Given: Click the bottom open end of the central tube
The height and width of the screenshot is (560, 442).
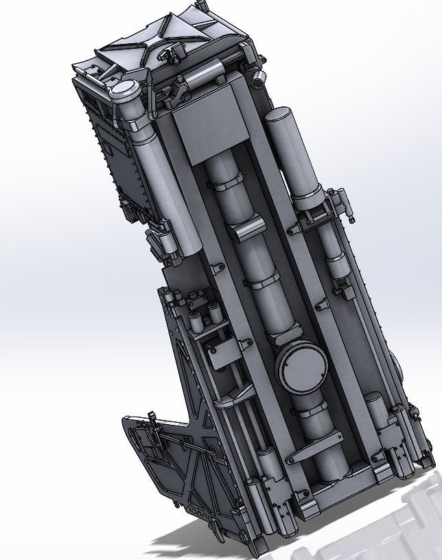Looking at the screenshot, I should (x=331, y=474).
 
